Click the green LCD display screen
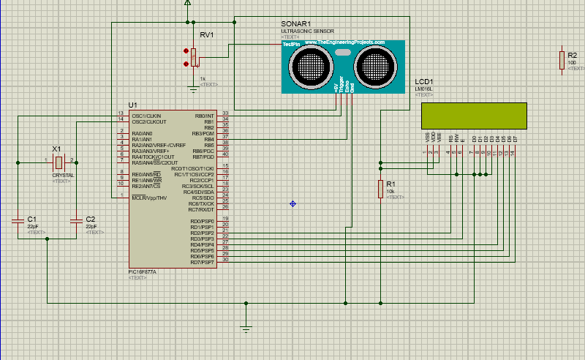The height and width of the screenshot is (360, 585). [473, 115]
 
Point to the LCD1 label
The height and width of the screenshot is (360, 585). [424, 82]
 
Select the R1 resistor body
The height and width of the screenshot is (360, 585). [380, 188]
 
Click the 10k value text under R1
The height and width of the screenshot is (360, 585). [390, 192]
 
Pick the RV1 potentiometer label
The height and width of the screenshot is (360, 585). [207, 34]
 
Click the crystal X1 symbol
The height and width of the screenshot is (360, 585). [61, 160]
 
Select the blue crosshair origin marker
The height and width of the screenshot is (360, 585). [292, 203]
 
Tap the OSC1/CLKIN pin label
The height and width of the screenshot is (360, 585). [147, 116]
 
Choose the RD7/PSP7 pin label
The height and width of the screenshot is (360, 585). [202, 263]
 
